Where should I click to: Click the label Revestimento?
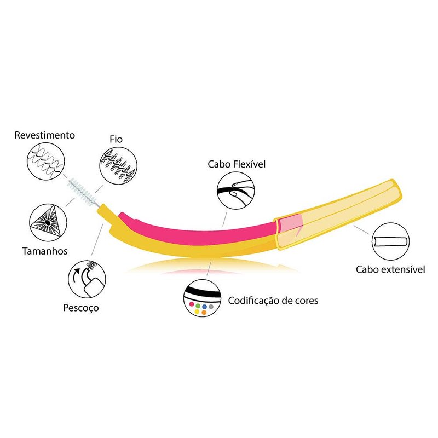(45, 135)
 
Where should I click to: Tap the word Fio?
(116, 139)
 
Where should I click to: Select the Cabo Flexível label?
(237, 164)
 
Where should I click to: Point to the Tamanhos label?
(45, 251)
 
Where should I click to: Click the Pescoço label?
(81, 308)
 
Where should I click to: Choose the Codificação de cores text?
(273, 301)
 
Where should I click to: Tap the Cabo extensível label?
(390, 269)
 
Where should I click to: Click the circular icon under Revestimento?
(46, 161)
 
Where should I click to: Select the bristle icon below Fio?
(118, 166)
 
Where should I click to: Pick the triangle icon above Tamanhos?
(48, 222)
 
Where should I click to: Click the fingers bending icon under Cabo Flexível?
(236, 191)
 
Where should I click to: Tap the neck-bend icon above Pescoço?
(87, 279)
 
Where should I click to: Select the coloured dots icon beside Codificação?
(202, 298)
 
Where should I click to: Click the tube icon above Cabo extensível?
(390, 241)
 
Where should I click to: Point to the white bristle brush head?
(83, 192)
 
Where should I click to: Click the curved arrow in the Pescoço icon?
(76, 275)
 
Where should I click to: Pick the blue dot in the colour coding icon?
(204, 306)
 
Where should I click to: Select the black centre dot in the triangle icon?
(48, 222)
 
